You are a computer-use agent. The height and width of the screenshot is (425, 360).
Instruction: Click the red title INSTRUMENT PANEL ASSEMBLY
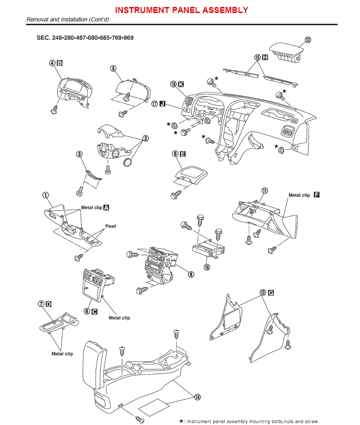pos(181,10)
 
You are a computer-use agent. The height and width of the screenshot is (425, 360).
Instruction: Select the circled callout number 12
pos(307,40)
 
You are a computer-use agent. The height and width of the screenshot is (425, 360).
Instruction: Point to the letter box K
pos(181,84)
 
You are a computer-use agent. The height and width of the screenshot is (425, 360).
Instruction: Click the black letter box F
pos(317,195)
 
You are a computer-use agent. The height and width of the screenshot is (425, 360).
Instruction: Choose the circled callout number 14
pos(198,397)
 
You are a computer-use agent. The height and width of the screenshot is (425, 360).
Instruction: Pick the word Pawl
pos(110,226)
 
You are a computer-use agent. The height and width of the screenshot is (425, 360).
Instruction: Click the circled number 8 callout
pos(190,274)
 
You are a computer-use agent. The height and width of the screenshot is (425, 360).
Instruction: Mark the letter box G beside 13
pos(271,293)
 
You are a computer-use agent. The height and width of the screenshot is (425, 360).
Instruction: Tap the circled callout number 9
pos(175,153)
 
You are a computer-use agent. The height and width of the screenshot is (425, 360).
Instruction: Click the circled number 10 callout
pos(207,267)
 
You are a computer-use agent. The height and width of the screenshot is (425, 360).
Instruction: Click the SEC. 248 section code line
pos(85,37)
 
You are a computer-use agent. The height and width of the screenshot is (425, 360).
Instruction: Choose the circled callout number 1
pos(46,195)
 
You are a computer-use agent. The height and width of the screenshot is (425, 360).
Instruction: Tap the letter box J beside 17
pos(162,104)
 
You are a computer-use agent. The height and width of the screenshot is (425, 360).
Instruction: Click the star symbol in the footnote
pos(181,420)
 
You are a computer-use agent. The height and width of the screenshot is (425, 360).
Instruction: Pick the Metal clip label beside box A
pos(91,207)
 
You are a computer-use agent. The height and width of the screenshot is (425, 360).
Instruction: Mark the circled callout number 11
pos(264,190)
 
